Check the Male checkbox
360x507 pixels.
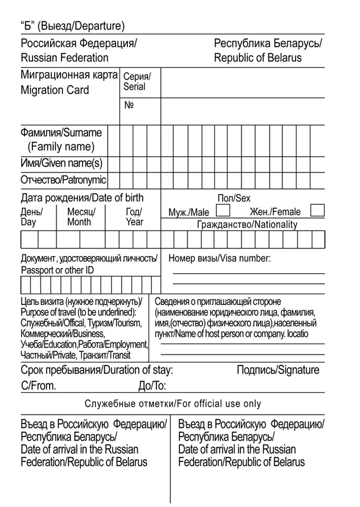click(x=223, y=210)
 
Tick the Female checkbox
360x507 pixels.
click(x=317, y=210)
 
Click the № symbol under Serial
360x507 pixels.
click(x=129, y=105)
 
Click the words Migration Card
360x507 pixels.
click(x=55, y=90)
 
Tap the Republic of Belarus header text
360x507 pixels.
click(x=258, y=58)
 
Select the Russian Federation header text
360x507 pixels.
click(x=64, y=58)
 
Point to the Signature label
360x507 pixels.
click(x=278, y=370)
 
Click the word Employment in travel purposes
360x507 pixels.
click(x=127, y=345)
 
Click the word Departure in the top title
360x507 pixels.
click(x=100, y=25)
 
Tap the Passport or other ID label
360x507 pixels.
click(x=57, y=270)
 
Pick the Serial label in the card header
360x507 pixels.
click(x=134, y=87)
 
